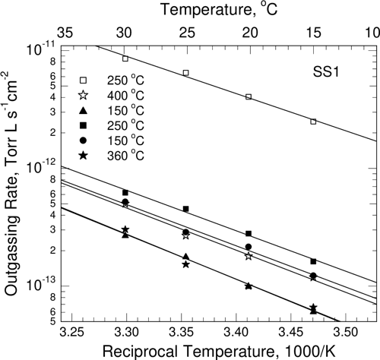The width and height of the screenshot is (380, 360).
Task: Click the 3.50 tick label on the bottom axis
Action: coord(346,332)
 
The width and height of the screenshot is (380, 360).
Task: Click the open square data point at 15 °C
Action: coord(313,122)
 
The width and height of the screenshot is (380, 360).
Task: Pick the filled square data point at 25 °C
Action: coord(185,209)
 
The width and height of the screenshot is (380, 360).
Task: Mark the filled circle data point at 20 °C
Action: coord(249,247)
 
